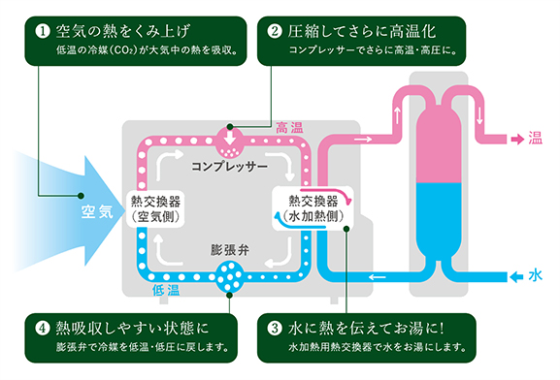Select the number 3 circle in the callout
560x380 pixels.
click(275, 327)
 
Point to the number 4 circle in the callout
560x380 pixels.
click(42, 327)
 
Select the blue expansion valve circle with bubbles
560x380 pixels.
click(232, 273)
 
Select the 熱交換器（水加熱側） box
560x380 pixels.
click(308, 207)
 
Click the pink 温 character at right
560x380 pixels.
click(534, 139)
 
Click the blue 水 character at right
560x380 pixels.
click(534, 275)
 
